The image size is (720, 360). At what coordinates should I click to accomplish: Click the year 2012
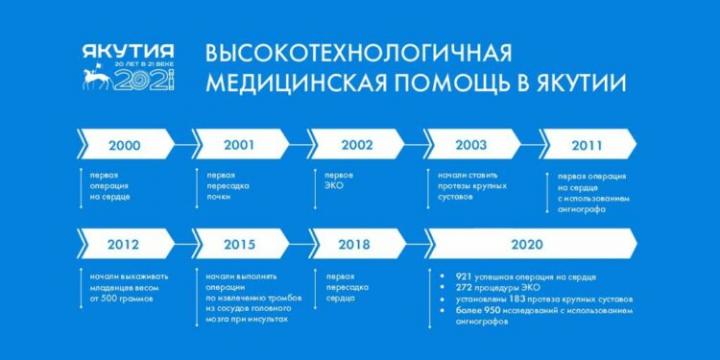pyautogui.click(x=124, y=243)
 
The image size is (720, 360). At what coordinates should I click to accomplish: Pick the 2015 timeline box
pyautogui.click(x=238, y=243)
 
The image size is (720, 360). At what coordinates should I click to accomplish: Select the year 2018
pyautogui.click(x=357, y=243)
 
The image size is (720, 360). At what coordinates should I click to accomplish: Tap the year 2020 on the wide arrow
pyautogui.click(x=526, y=243)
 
